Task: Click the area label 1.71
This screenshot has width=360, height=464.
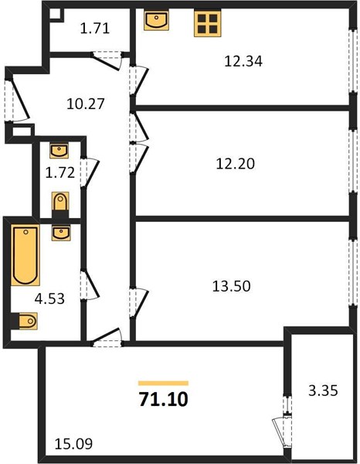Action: [x=95, y=29]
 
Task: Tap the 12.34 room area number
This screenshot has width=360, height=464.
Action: [x=243, y=62]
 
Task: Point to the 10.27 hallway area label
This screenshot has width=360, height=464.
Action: [x=86, y=104]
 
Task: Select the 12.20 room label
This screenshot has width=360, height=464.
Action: [x=236, y=164]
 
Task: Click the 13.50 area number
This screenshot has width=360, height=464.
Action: [x=232, y=286]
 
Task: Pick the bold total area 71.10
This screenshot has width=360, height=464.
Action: [x=164, y=399]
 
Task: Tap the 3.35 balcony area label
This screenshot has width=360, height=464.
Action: [x=323, y=391]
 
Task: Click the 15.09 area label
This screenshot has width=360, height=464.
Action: [x=73, y=444]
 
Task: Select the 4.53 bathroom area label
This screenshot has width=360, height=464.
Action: [x=49, y=299]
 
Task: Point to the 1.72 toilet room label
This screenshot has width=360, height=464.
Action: [x=60, y=172]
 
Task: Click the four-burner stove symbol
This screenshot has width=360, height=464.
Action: [x=208, y=23]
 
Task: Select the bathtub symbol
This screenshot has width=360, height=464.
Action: [x=25, y=255]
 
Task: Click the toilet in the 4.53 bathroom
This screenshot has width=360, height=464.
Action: [x=25, y=321]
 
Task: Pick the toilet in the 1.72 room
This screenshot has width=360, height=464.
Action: [x=60, y=204]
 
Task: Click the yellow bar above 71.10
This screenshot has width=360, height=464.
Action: [x=164, y=384]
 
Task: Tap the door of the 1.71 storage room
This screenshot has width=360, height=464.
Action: [x=107, y=60]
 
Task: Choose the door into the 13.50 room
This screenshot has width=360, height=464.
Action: [x=138, y=302]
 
